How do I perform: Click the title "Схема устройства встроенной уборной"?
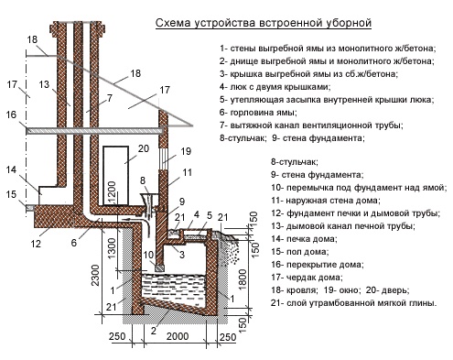[264, 23]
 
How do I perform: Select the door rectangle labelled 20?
[115, 176]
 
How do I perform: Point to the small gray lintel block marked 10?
[159, 267]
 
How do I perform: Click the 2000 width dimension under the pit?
[178, 336]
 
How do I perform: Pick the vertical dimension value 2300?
[95, 275]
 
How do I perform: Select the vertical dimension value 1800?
[243, 279]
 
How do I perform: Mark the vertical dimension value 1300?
[112, 248]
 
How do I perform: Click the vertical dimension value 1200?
[112, 191]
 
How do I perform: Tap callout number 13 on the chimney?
[44, 84]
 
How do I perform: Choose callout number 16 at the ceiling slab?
[11, 115]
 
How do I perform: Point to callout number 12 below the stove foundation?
[36, 244]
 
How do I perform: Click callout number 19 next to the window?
[186, 151]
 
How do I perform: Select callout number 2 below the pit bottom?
[154, 331]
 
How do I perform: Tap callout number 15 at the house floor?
[11, 194]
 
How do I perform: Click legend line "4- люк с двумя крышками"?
[275, 87]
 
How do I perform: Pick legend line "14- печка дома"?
[304, 239]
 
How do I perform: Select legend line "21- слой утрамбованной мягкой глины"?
[353, 303]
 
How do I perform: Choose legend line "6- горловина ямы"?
[258, 113]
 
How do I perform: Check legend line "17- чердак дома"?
[307, 278]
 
